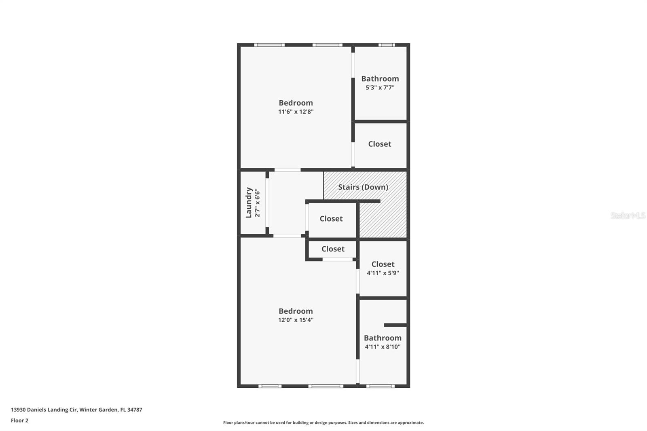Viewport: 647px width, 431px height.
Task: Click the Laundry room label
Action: coord(249,203)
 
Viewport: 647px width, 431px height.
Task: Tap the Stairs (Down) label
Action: coord(363,187)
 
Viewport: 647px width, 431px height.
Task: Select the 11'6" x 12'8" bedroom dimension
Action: coord(296,112)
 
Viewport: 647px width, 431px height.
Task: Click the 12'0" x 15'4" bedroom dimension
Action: coord(296,320)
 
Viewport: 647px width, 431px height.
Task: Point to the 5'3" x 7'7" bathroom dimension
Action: coord(380,87)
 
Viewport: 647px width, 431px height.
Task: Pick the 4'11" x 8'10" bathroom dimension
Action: coord(383,346)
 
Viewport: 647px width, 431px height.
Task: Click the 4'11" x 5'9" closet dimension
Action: coord(383,273)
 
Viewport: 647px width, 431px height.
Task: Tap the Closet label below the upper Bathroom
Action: coord(379,144)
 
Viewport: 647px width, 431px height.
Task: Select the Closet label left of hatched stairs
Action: coord(331,219)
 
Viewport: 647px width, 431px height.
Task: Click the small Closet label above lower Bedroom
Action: coord(333,249)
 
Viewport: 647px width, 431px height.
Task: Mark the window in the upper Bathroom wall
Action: coord(387,45)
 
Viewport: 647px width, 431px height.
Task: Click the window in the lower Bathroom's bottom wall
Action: coord(380,386)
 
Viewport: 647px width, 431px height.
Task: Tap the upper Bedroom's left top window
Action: coord(269,45)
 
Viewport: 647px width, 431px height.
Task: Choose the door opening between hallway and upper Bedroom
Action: coord(288,170)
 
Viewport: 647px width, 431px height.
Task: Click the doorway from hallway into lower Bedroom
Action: coord(287,236)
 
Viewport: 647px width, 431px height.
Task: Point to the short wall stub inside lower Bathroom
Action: coord(395,325)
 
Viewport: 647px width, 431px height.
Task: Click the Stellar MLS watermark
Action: coord(628,215)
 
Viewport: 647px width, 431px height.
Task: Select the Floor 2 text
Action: coord(19,420)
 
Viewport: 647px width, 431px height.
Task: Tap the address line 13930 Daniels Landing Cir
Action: coord(76,410)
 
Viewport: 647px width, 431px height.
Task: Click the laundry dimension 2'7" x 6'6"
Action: coord(258,203)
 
